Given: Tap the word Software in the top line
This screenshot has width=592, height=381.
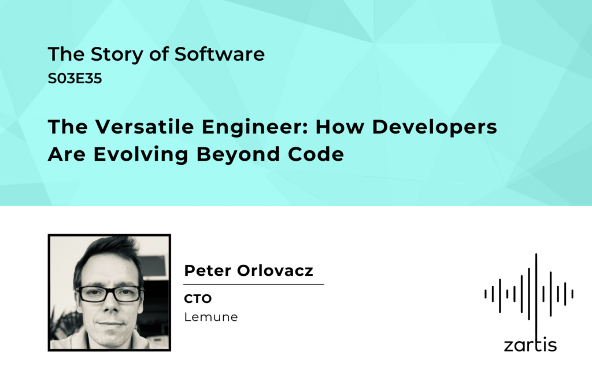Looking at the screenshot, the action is click(219, 54).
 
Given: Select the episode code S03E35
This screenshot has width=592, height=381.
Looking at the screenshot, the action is click(75, 79).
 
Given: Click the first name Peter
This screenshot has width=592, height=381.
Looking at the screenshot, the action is click(208, 271).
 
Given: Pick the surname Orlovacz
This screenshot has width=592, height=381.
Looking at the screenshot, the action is click(275, 271).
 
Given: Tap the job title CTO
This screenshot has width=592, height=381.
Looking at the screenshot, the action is click(198, 299).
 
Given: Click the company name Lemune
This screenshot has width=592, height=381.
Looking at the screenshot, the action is click(211, 317).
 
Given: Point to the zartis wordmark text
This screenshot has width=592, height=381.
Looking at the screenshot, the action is click(530, 345).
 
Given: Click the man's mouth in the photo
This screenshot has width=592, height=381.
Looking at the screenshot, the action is click(110, 323).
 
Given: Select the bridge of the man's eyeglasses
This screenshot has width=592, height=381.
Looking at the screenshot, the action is click(110, 290).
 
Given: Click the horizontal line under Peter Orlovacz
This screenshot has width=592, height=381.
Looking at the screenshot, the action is click(254, 284).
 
